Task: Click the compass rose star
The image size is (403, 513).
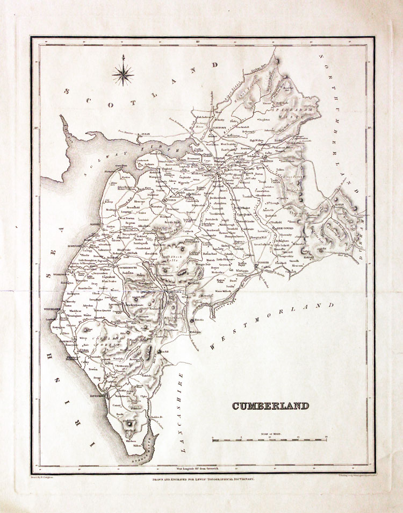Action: pyautogui.click(x=124, y=73)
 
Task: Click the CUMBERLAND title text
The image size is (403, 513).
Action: pyautogui.click(x=270, y=406)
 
